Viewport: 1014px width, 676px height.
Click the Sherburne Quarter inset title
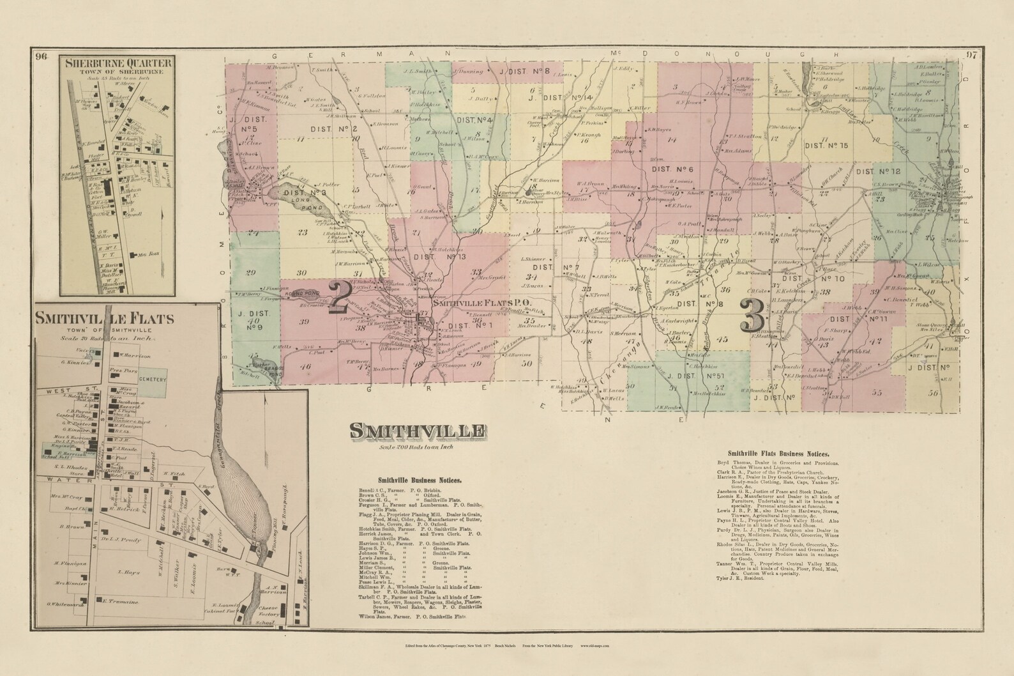(x=117, y=63)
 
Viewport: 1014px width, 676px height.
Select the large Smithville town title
(x=416, y=433)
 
